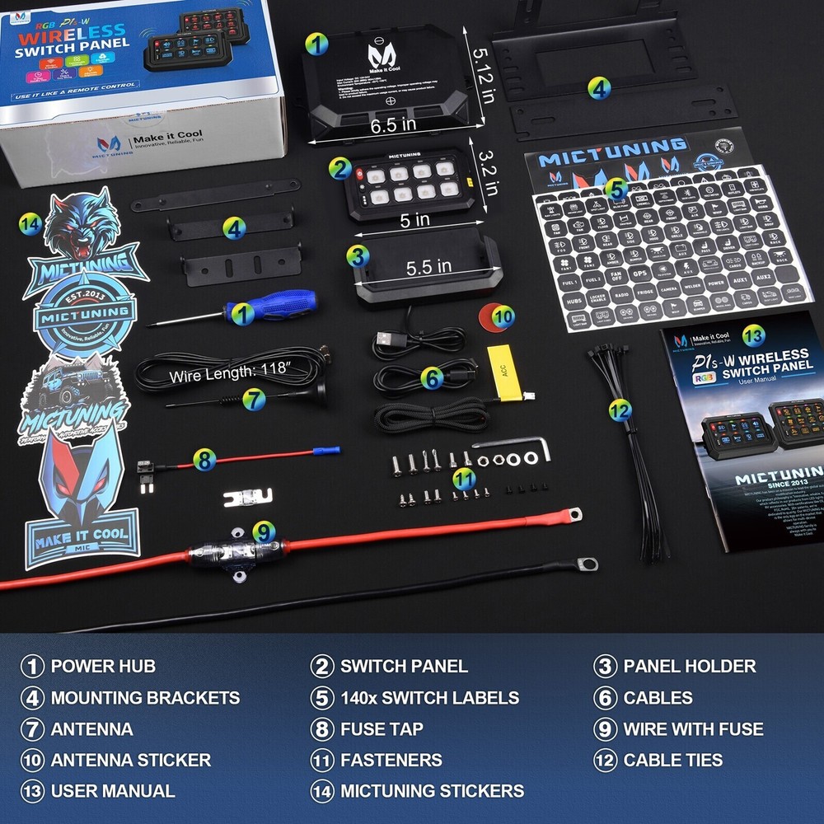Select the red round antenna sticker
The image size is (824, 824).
point(497,317)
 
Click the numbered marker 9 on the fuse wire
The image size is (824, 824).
point(263,531)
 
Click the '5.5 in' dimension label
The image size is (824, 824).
point(428,266)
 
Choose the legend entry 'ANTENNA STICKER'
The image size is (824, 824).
point(131,760)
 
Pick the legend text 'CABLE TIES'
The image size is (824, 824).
point(673,760)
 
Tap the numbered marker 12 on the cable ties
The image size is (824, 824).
point(620,409)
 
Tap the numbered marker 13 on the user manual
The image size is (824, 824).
point(752,335)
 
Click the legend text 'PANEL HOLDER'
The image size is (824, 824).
point(690,666)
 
